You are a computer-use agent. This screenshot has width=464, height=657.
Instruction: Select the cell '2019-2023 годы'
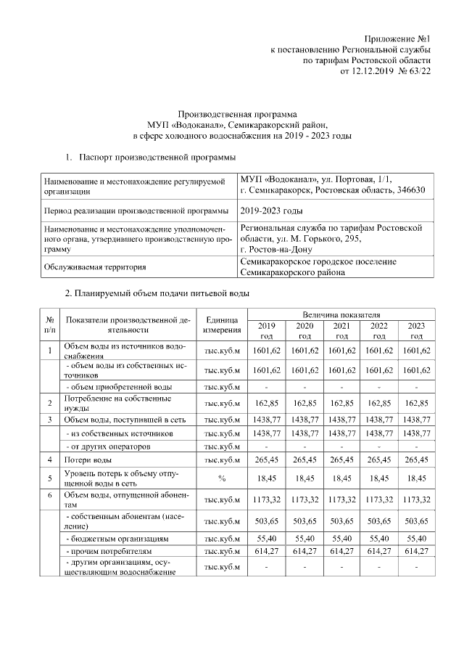pyautogui.click(x=271, y=211)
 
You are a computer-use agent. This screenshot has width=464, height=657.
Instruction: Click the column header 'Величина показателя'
pyautogui.click(x=341, y=314)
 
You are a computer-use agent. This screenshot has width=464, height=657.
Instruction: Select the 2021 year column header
pyautogui.click(x=341, y=330)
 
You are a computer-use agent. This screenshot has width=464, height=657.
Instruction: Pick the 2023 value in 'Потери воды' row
pyautogui.click(x=415, y=460)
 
